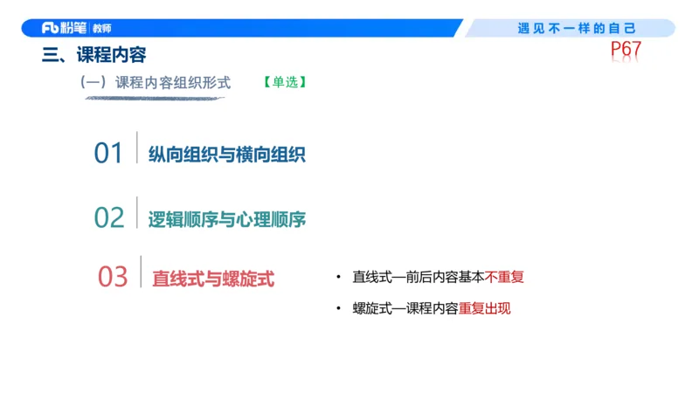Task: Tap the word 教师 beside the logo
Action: (104, 28)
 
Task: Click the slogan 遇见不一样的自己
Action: (576, 28)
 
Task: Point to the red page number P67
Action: (626, 51)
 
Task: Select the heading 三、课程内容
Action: (94, 56)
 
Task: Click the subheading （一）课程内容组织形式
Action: (155, 83)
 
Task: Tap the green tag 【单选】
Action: (283, 83)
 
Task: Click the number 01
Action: (109, 153)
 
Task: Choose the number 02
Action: (109, 217)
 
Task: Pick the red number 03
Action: (113, 277)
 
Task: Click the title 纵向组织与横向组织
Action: (226, 155)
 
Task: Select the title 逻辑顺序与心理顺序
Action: (226, 218)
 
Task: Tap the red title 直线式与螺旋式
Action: (213, 279)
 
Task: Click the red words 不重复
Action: (504, 277)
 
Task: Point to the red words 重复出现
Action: (484, 308)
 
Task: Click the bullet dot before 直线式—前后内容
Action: (338, 278)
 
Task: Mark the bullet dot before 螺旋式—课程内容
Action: (338, 309)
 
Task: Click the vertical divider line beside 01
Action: (137, 148)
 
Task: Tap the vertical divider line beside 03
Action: (141, 272)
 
